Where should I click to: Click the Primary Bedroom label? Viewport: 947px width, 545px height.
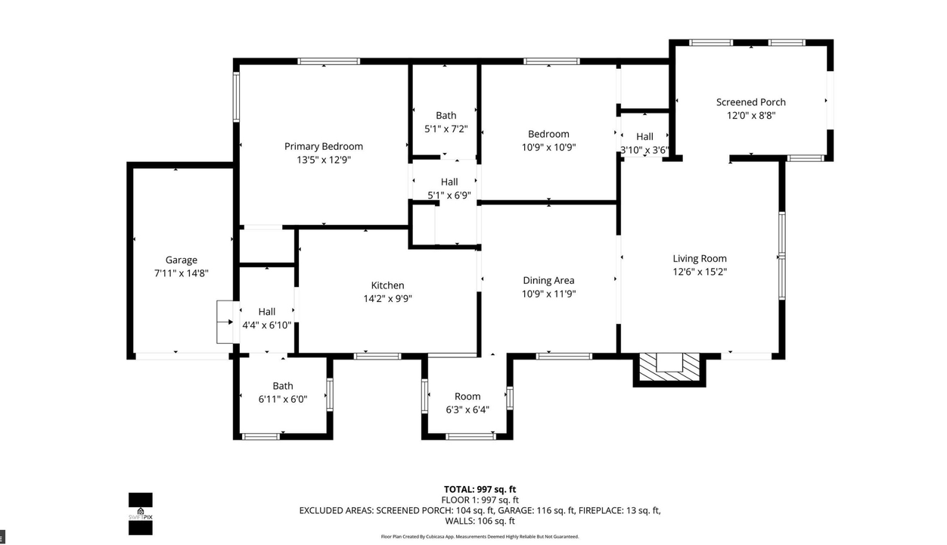point(323,146)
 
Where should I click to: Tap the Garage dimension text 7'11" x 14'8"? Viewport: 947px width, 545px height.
point(181,273)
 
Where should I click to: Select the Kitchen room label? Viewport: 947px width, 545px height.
point(387,285)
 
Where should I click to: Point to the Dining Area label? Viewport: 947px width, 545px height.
point(548,280)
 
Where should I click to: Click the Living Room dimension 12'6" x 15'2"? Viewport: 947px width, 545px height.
point(700,272)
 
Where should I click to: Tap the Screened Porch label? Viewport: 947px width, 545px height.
point(750,102)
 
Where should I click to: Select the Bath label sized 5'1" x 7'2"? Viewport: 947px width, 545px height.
point(446,115)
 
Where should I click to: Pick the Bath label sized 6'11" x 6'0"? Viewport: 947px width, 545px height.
point(283,386)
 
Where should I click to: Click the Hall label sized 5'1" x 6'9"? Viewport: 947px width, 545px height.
point(449,182)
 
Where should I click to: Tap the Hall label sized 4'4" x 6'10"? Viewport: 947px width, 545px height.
point(266,311)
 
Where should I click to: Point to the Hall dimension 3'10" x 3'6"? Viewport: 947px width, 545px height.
point(644,150)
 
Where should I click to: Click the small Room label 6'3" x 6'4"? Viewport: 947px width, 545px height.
point(467,397)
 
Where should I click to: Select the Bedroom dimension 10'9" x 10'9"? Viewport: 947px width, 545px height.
point(548,148)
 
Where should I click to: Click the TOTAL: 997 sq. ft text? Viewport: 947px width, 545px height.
point(480,489)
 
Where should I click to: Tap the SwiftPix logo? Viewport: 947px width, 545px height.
point(141,514)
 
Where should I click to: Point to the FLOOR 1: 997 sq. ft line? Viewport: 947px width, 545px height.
point(480,500)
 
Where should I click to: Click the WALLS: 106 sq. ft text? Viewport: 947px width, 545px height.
point(480,521)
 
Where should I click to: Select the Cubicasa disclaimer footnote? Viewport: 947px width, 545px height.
point(480,537)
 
